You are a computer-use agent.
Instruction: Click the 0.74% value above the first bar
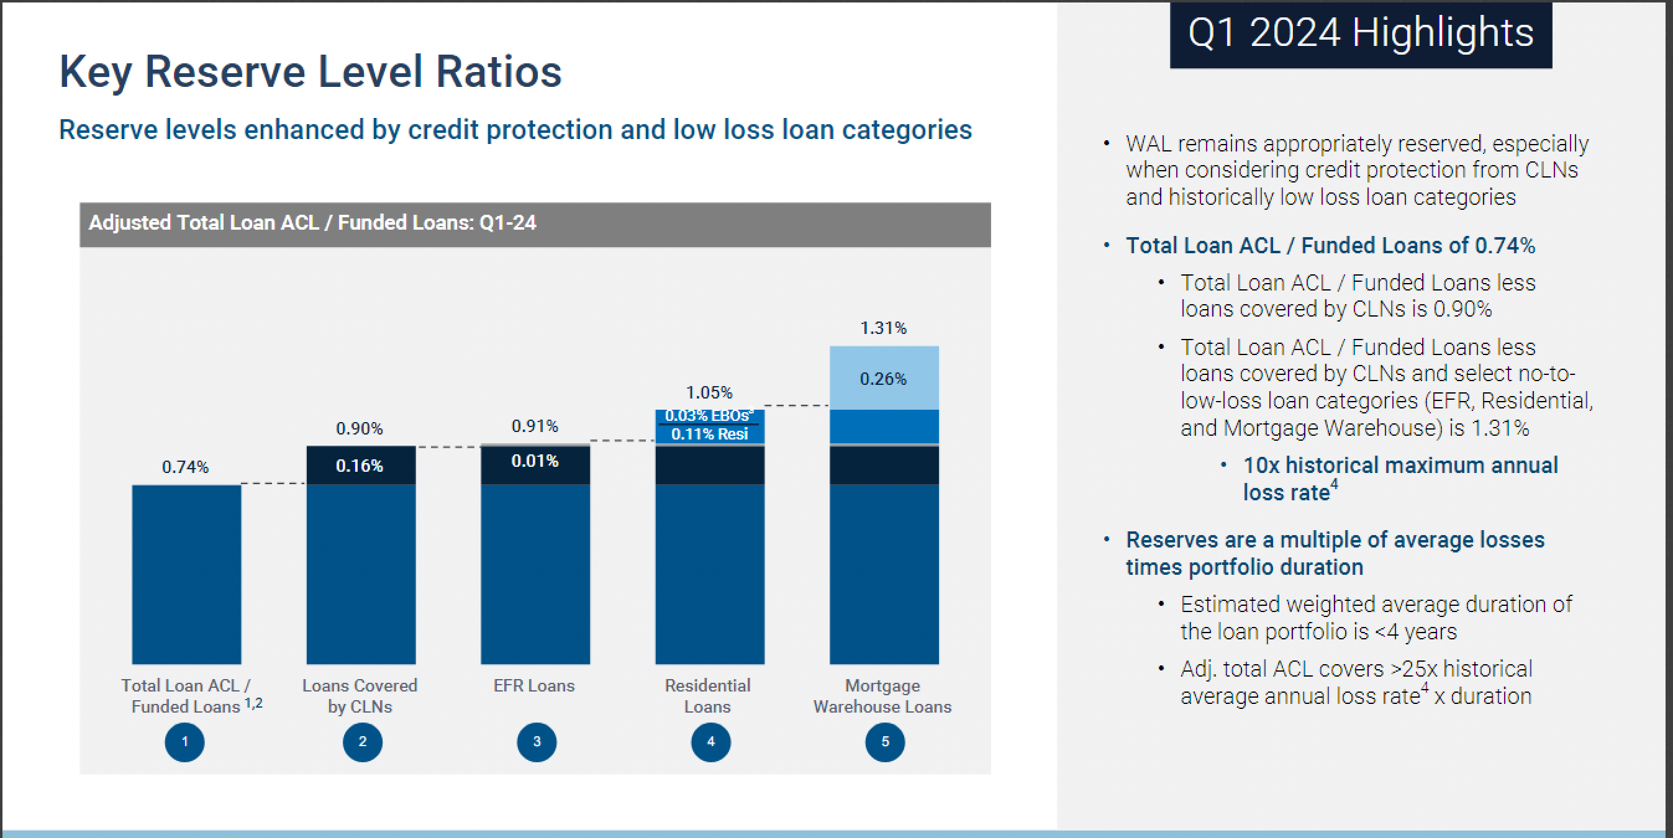click(x=185, y=467)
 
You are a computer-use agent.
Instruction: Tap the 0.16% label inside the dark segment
click(x=359, y=466)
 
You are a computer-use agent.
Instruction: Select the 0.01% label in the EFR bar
click(x=535, y=461)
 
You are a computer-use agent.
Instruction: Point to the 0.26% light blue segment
click(x=883, y=379)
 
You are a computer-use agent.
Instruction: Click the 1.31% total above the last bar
click(x=883, y=328)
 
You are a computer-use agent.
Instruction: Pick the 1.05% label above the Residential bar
click(x=709, y=392)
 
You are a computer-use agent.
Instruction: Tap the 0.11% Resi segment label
click(x=709, y=435)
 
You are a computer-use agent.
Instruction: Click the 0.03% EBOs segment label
click(x=709, y=415)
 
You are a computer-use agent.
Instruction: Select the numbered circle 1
click(x=184, y=741)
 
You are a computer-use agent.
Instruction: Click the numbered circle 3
click(x=537, y=741)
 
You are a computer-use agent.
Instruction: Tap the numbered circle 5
click(x=884, y=741)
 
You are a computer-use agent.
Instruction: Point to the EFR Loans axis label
click(x=534, y=685)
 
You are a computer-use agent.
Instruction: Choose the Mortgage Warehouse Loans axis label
click(x=882, y=696)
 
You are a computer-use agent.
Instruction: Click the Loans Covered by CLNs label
click(x=360, y=696)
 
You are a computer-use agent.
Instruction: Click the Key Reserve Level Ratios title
click(x=311, y=71)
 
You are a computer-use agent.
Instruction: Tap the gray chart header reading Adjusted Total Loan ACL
click(x=535, y=224)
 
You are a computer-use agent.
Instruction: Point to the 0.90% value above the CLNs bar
click(x=359, y=428)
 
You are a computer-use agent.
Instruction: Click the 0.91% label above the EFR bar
click(x=535, y=426)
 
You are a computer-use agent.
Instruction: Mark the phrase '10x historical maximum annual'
click(x=1400, y=466)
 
